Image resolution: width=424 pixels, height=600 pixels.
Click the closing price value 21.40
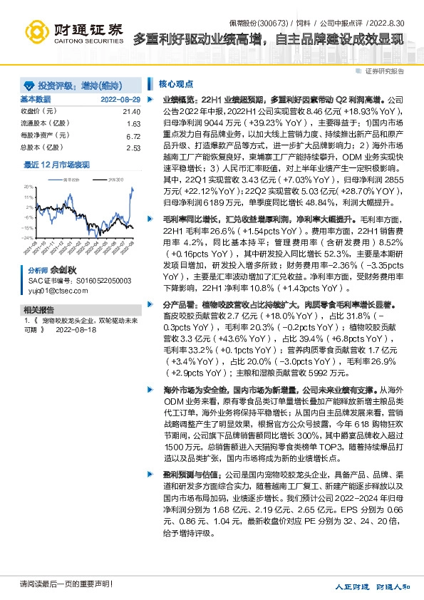pos(132,112)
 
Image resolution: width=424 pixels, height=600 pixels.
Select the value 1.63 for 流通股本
pos(133,124)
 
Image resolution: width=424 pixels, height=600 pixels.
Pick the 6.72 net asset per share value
pos(133,135)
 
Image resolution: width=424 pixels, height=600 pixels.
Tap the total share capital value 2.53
pos(133,148)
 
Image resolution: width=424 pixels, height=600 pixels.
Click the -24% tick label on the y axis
pos(26,238)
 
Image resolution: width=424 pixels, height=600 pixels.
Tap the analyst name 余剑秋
pos(62,271)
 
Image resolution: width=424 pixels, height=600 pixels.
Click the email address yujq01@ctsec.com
pos(51,290)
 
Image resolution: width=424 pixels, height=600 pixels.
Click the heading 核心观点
pos(176,83)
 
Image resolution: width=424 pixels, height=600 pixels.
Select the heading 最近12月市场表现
pos(57,165)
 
